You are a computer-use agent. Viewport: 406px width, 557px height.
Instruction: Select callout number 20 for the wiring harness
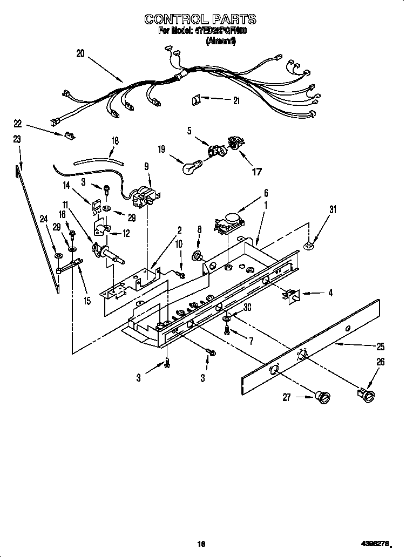coord(80,53)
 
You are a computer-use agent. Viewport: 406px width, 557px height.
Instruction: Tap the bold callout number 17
coord(257,172)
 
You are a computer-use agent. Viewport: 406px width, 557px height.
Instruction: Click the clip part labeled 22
coord(69,135)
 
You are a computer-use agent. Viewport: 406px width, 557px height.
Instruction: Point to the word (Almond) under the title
coord(221,42)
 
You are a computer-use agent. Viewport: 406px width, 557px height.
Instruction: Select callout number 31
coord(333,210)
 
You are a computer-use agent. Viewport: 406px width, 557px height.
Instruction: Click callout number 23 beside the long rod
coord(17,139)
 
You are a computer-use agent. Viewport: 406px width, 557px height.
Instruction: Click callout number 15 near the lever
coord(87,301)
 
